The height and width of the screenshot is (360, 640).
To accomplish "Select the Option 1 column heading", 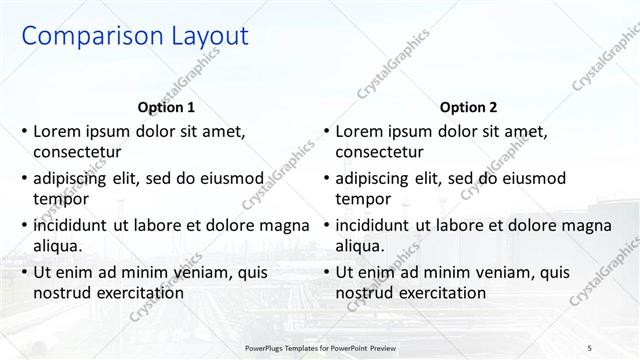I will click(x=166, y=107).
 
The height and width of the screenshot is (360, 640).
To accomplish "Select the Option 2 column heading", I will click(x=468, y=107).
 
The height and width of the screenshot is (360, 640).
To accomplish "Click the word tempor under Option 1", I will click(x=61, y=199).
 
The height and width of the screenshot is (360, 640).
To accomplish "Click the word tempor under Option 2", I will click(x=363, y=199).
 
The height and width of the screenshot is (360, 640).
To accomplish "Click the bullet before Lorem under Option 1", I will click(x=24, y=131).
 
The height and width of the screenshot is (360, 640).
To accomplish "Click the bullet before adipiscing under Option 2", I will click(x=326, y=178).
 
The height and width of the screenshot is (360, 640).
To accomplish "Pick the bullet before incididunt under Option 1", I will click(x=24, y=225).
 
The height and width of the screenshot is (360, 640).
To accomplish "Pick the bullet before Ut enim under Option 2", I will click(x=326, y=272).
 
